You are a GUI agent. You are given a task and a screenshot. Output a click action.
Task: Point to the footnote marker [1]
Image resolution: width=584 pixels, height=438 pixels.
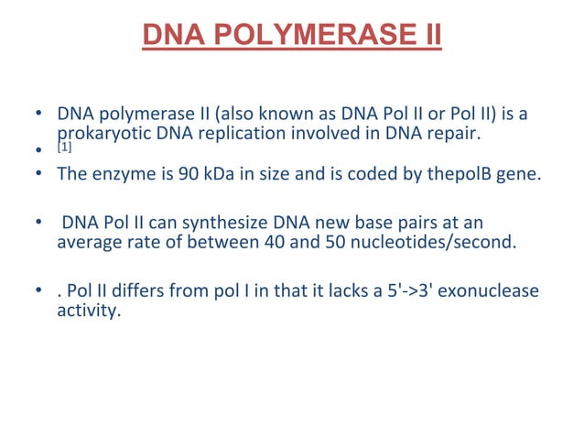tap(63, 147)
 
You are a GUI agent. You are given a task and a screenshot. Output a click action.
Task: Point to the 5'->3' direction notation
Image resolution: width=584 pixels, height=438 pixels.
tap(419, 291)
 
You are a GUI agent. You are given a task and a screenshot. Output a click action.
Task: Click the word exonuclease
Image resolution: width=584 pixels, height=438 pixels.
tap(495, 291)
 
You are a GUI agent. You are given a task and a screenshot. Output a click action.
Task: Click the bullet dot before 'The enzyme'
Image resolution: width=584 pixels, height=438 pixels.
tap(38, 173)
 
